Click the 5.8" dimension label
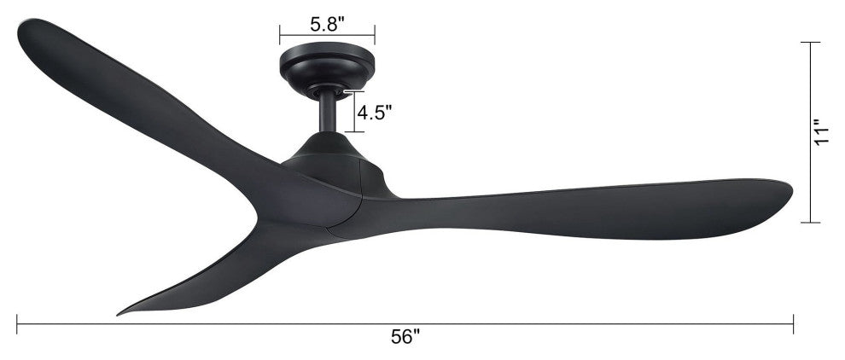point(327,24)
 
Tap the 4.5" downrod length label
point(376,113)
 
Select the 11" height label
point(822,133)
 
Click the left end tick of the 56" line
point(17,322)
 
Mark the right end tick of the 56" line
point(794,322)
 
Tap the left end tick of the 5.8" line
point(280,35)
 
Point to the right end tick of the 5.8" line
point(375,35)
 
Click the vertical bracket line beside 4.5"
point(352,112)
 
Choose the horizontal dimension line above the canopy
point(327,36)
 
